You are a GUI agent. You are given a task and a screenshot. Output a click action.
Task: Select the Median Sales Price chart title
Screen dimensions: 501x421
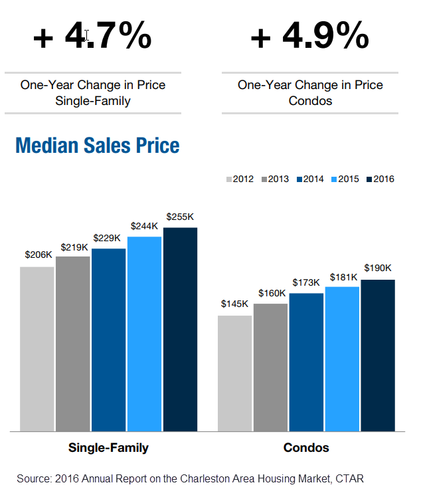click(x=98, y=145)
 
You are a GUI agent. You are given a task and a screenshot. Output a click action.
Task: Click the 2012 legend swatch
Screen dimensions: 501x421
click(x=228, y=179)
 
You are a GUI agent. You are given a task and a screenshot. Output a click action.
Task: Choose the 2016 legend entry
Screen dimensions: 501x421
click(x=380, y=179)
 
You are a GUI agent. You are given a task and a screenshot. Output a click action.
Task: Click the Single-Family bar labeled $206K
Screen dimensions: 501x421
click(x=37, y=349)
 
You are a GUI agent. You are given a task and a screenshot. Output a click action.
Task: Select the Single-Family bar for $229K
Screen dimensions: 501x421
click(x=109, y=340)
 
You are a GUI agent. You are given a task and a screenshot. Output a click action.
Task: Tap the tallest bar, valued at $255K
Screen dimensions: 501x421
click(x=181, y=329)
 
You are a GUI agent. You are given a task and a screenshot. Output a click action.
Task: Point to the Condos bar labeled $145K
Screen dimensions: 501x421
click(x=235, y=373)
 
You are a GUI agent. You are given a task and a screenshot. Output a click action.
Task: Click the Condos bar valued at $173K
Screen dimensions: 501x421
click(x=307, y=362)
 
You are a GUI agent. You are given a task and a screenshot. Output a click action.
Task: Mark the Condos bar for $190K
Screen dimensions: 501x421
click(x=379, y=355)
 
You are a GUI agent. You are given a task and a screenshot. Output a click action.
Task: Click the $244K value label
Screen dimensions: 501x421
click(x=144, y=226)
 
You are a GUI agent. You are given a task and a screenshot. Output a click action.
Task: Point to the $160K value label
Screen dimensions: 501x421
click(x=271, y=293)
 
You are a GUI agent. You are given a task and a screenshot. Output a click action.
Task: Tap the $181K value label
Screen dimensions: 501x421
click(x=342, y=276)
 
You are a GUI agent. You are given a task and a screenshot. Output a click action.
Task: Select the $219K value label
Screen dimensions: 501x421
click(x=74, y=247)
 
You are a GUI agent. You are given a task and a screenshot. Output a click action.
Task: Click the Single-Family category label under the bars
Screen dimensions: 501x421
click(x=108, y=448)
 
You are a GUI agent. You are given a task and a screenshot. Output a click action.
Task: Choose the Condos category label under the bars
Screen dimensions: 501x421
click(x=306, y=448)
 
